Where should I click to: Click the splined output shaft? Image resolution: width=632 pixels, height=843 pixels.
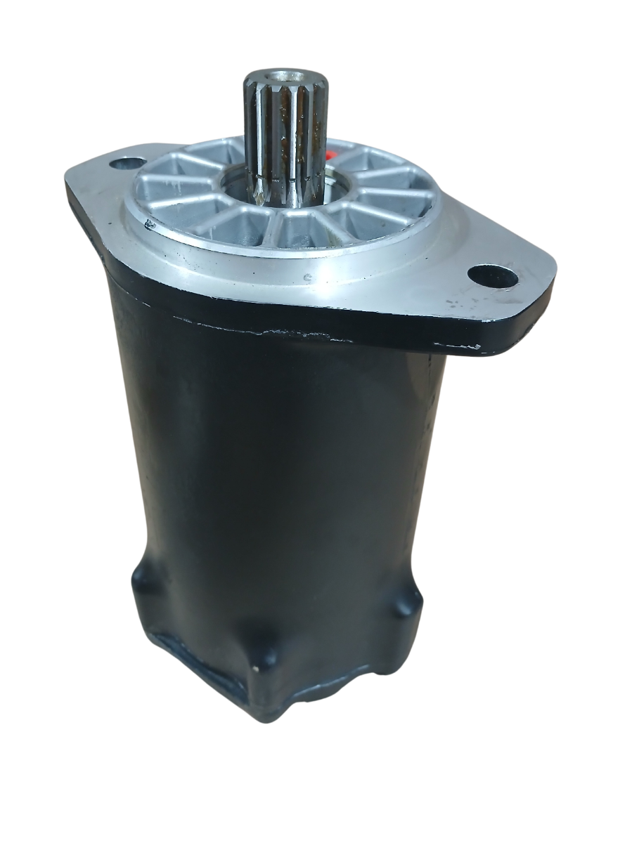click(x=286, y=133)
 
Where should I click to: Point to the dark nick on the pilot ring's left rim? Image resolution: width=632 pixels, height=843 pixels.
click(x=150, y=224)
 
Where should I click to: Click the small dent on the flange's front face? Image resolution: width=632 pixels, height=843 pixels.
click(x=307, y=277)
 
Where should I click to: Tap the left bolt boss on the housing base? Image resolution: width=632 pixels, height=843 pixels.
click(x=144, y=580)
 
